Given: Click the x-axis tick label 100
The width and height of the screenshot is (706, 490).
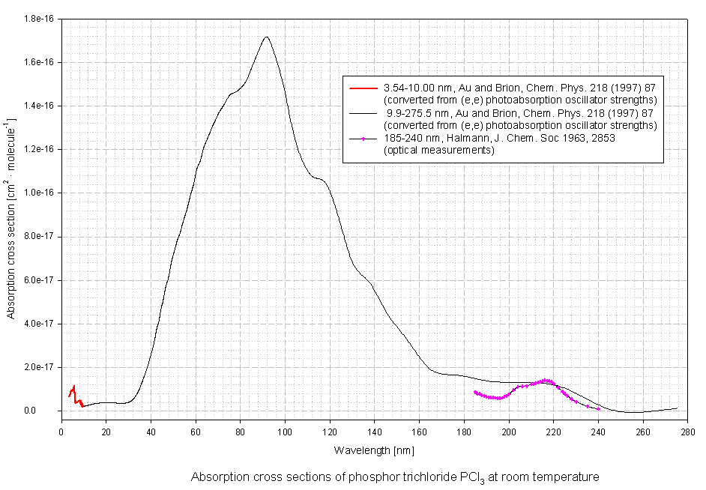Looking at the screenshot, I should [x=285, y=431].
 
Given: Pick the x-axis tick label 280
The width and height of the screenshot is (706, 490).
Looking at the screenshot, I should [x=687, y=431].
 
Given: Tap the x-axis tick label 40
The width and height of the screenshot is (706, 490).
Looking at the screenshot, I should [x=151, y=431].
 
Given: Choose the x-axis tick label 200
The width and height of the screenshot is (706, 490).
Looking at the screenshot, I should [x=509, y=431].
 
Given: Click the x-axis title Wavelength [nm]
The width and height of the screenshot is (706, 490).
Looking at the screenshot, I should [x=373, y=450].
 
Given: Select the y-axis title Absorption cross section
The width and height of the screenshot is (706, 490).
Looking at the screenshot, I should [x=11, y=218].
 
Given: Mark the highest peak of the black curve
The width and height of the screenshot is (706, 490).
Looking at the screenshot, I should [x=266, y=37].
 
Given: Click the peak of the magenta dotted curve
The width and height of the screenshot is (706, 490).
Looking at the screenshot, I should [x=546, y=381].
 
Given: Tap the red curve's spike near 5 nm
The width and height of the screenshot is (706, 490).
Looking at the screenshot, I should [x=73, y=387].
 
